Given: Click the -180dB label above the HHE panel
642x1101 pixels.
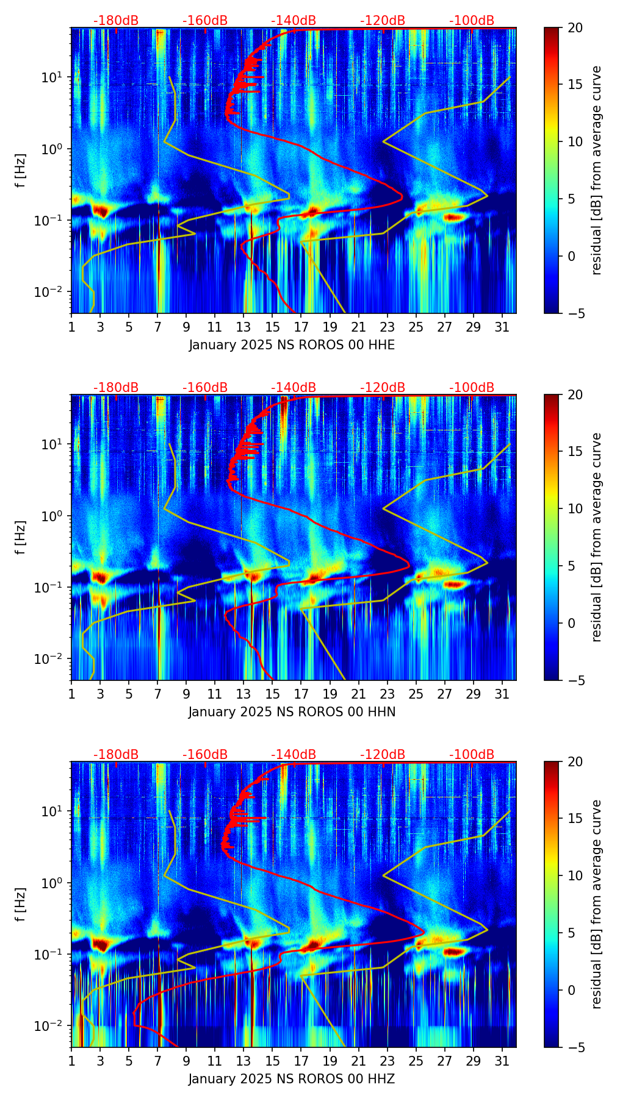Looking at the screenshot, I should (x=116, y=21).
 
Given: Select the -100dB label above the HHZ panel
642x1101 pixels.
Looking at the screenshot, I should (x=472, y=755).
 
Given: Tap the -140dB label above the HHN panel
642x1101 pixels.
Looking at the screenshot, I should (x=294, y=388).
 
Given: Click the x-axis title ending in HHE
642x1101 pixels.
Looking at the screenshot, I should (x=292, y=345).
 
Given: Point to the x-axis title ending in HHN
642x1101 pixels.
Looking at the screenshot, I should (x=292, y=712).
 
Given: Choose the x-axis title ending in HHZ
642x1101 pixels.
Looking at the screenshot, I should (x=292, y=1079).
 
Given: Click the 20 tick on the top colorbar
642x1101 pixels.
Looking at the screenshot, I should (x=575, y=28).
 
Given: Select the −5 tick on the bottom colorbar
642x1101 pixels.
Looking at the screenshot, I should (x=575, y=1047).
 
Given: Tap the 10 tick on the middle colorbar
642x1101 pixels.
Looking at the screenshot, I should (x=575, y=508).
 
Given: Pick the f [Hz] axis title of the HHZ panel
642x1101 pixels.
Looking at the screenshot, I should (x=21, y=904).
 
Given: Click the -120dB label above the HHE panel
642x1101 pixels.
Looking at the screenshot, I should (x=383, y=21).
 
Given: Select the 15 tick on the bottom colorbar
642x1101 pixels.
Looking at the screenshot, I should (x=575, y=818).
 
